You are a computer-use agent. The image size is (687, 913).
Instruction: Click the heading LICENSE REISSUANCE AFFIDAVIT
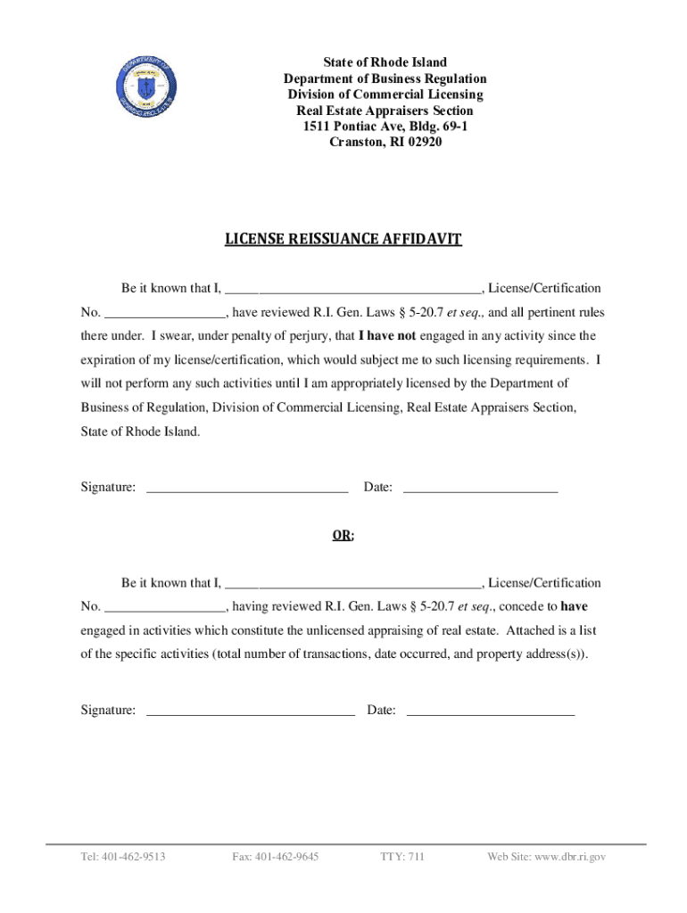(x=343, y=240)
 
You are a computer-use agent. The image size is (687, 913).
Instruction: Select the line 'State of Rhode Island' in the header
(x=385, y=63)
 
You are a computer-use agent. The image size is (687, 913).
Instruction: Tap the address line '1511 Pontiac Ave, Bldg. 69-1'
(x=385, y=127)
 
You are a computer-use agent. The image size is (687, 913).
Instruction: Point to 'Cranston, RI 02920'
(x=385, y=143)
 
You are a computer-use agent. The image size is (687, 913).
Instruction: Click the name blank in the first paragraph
(x=353, y=289)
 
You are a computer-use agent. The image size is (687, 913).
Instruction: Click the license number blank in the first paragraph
(x=166, y=313)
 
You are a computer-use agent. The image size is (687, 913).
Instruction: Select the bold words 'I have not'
(x=387, y=337)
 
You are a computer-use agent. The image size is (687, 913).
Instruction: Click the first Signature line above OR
(x=246, y=488)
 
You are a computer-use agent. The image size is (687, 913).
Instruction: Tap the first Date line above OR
(x=480, y=488)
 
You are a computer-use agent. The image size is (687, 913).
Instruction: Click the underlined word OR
(x=343, y=536)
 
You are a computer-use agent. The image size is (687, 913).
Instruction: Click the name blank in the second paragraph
(x=353, y=584)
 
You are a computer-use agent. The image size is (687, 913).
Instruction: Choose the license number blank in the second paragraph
(x=166, y=608)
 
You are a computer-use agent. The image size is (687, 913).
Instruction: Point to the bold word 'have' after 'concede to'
(x=574, y=606)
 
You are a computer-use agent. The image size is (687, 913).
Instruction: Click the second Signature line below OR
(x=250, y=711)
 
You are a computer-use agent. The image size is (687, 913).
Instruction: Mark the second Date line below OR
(x=490, y=711)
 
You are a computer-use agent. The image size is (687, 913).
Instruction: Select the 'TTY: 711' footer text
(x=402, y=858)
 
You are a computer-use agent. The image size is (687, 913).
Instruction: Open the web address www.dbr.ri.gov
(x=570, y=858)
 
